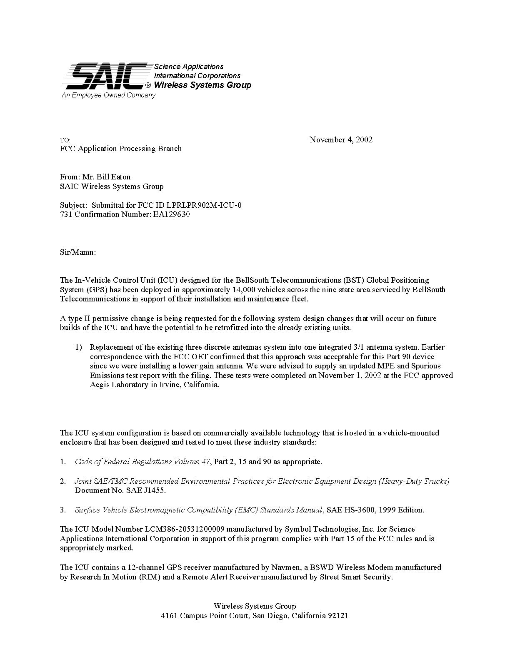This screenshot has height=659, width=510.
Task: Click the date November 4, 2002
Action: (341, 140)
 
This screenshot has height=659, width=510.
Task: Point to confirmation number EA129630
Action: (170, 215)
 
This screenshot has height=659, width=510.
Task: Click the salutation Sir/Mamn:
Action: (78, 252)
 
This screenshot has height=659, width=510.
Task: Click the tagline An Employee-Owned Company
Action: (108, 95)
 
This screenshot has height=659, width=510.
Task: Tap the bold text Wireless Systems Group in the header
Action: (202, 85)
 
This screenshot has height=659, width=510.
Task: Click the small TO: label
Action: (65, 140)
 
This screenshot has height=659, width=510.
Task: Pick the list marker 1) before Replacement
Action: (79, 347)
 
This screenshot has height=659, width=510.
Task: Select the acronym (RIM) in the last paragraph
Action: (149, 577)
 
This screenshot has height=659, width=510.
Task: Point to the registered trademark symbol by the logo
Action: (148, 86)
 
